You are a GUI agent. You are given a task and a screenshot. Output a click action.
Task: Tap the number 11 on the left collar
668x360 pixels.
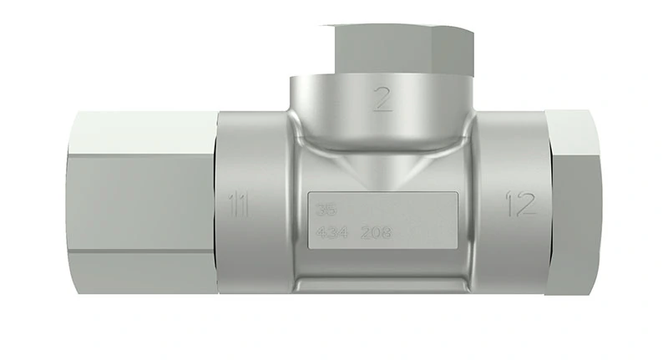click(240, 204)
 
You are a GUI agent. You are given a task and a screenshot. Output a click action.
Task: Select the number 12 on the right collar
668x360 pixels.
click(520, 204)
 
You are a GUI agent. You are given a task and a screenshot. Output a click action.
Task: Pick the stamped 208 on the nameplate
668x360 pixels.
click(375, 235)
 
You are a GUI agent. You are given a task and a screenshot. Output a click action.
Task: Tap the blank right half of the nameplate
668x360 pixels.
click(426, 222)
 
